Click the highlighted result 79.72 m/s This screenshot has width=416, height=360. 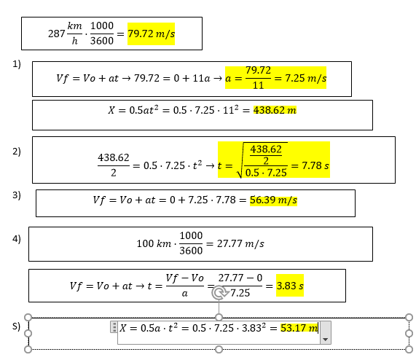pyautogui.click(x=151, y=34)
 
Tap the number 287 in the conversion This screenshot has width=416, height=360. pyautogui.click(x=56, y=34)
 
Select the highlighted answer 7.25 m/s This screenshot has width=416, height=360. pyautogui.click(x=306, y=78)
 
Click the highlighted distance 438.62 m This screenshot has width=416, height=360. pyautogui.click(x=275, y=110)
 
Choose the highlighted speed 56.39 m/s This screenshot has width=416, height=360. pyautogui.click(x=273, y=200)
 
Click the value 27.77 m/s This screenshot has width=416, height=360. pyautogui.click(x=240, y=243)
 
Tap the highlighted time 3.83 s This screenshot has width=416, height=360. pyautogui.click(x=290, y=286)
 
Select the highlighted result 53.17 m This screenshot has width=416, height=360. pyautogui.click(x=299, y=328)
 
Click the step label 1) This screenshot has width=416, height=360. pyautogui.click(x=17, y=64)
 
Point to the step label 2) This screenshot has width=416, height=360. pyautogui.click(x=17, y=152)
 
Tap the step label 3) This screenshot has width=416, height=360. pyautogui.click(x=17, y=195)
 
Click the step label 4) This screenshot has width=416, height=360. pyautogui.click(x=17, y=239)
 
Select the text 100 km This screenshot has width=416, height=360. pyautogui.click(x=154, y=243)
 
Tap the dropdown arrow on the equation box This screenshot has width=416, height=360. pyautogui.click(x=326, y=340)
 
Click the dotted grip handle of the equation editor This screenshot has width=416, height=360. pyautogui.click(x=114, y=327)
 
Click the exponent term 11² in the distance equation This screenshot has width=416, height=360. pyautogui.click(x=230, y=109)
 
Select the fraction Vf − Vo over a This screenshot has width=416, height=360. pyautogui.click(x=184, y=286)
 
